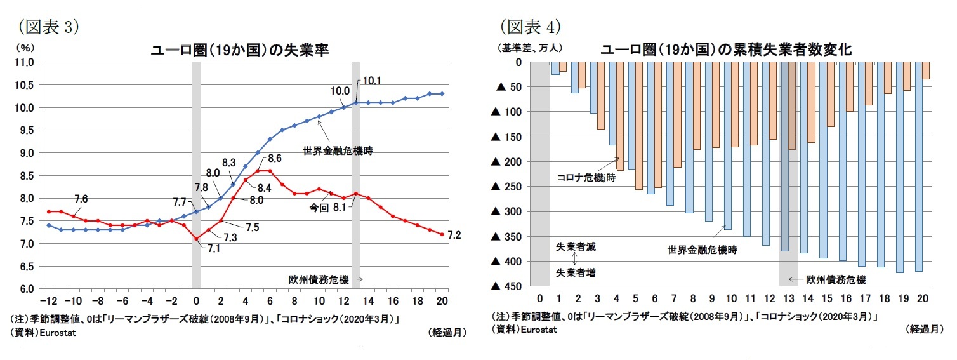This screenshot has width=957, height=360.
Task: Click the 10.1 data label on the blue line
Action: (x=372, y=81)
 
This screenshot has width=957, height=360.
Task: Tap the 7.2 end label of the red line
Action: (x=454, y=236)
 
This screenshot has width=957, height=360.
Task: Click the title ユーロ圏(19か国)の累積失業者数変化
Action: (x=725, y=50)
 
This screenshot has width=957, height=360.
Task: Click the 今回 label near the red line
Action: (x=319, y=207)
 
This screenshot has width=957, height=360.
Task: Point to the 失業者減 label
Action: (x=576, y=246)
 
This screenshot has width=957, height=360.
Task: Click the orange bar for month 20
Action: (x=926, y=70)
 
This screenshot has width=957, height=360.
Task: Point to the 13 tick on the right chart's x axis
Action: (x=788, y=298)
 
